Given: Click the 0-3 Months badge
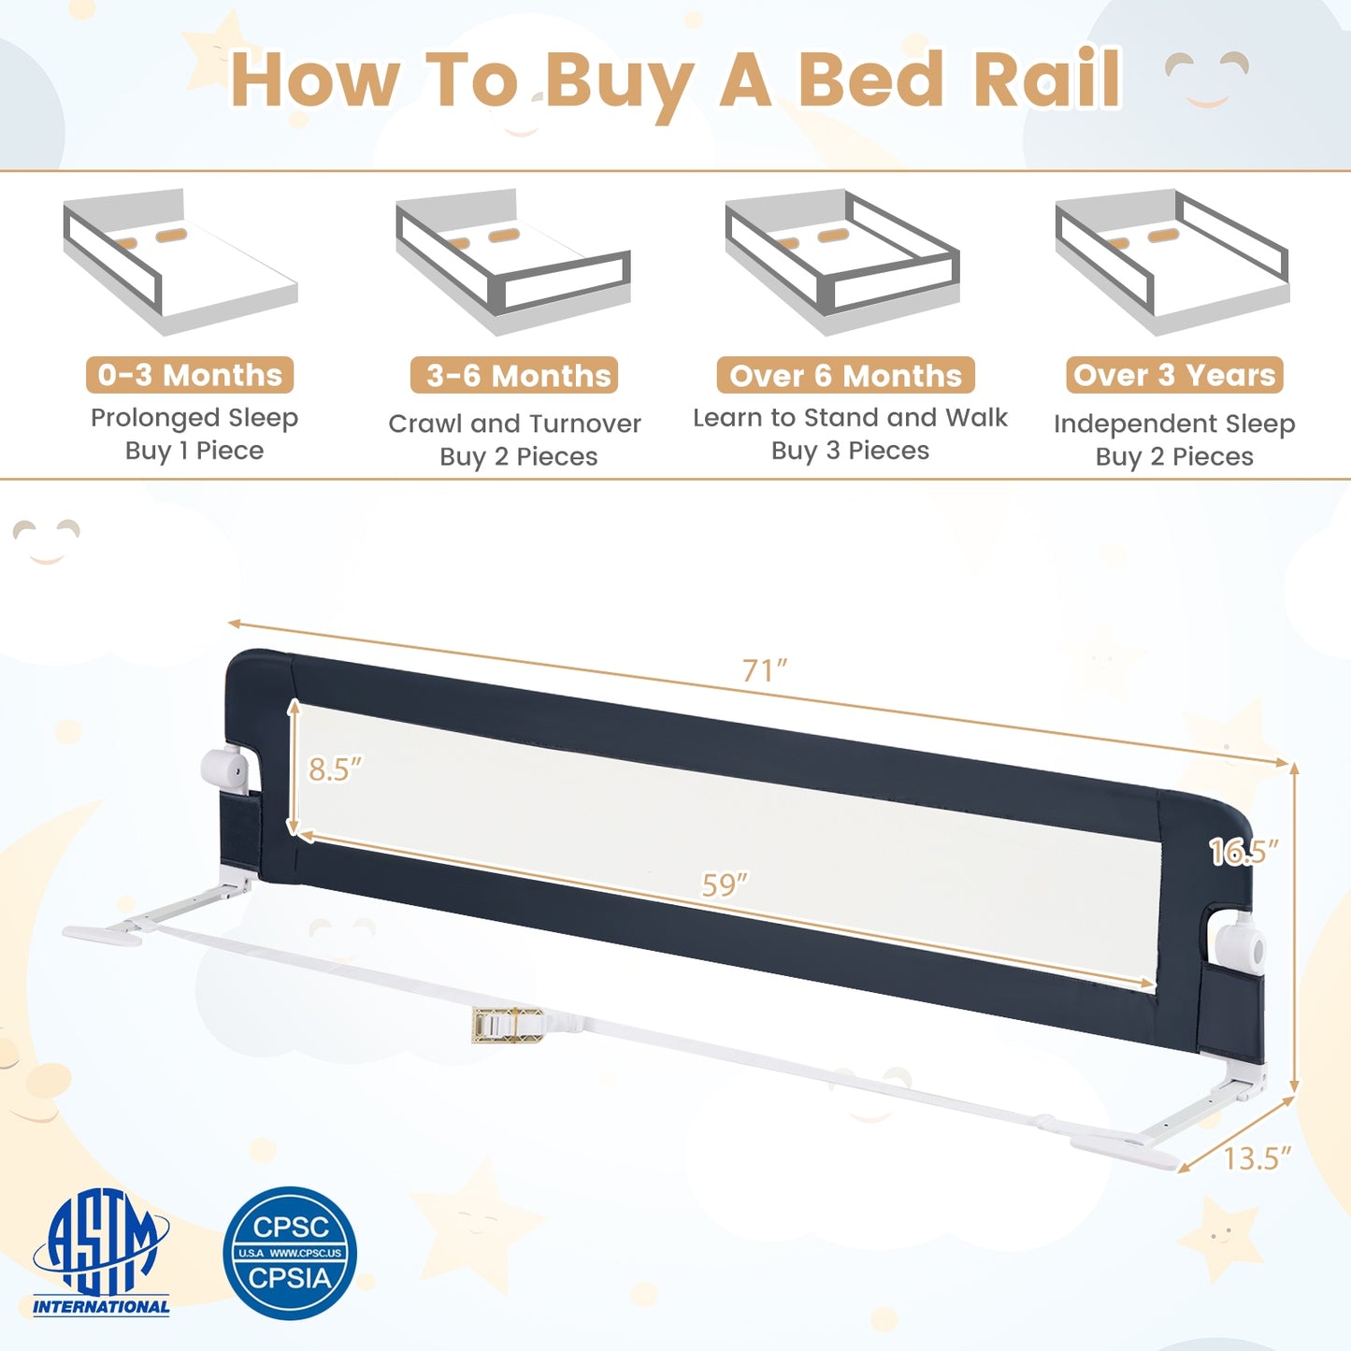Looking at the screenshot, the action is pyautogui.click(x=190, y=375).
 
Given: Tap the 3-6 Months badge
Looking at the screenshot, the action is pyautogui.click(x=514, y=376).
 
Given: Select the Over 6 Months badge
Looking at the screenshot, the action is pyautogui.click(x=845, y=376).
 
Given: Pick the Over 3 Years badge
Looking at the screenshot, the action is pyautogui.click(x=1174, y=375).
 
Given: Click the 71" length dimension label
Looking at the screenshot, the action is pyautogui.click(x=765, y=671).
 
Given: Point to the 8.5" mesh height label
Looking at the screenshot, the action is pyautogui.click(x=336, y=769).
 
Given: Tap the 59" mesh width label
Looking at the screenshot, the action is pyautogui.click(x=725, y=884).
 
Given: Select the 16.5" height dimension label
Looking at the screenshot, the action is pyautogui.click(x=1243, y=852).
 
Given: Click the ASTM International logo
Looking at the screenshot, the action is pyautogui.click(x=102, y=1253).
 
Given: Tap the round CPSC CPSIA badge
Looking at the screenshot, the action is pyautogui.click(x=290, y=1253).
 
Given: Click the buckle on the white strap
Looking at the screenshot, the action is pyautogui.click(x=507, y=1025).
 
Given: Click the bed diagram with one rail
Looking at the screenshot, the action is pyautogui.click(x=180, y=261).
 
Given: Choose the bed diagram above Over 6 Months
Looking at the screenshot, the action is pyautogui.click(x=842, y=261).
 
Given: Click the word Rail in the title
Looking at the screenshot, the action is pyautogui.click(x=1048, y=79).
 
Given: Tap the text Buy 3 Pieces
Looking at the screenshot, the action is pyautogui.click(x=850, y=451).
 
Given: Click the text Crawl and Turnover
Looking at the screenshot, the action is pyautogui.click(x=514, y=424).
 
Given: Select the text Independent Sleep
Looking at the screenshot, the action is pyautogui.click(x=1174, y=424).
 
